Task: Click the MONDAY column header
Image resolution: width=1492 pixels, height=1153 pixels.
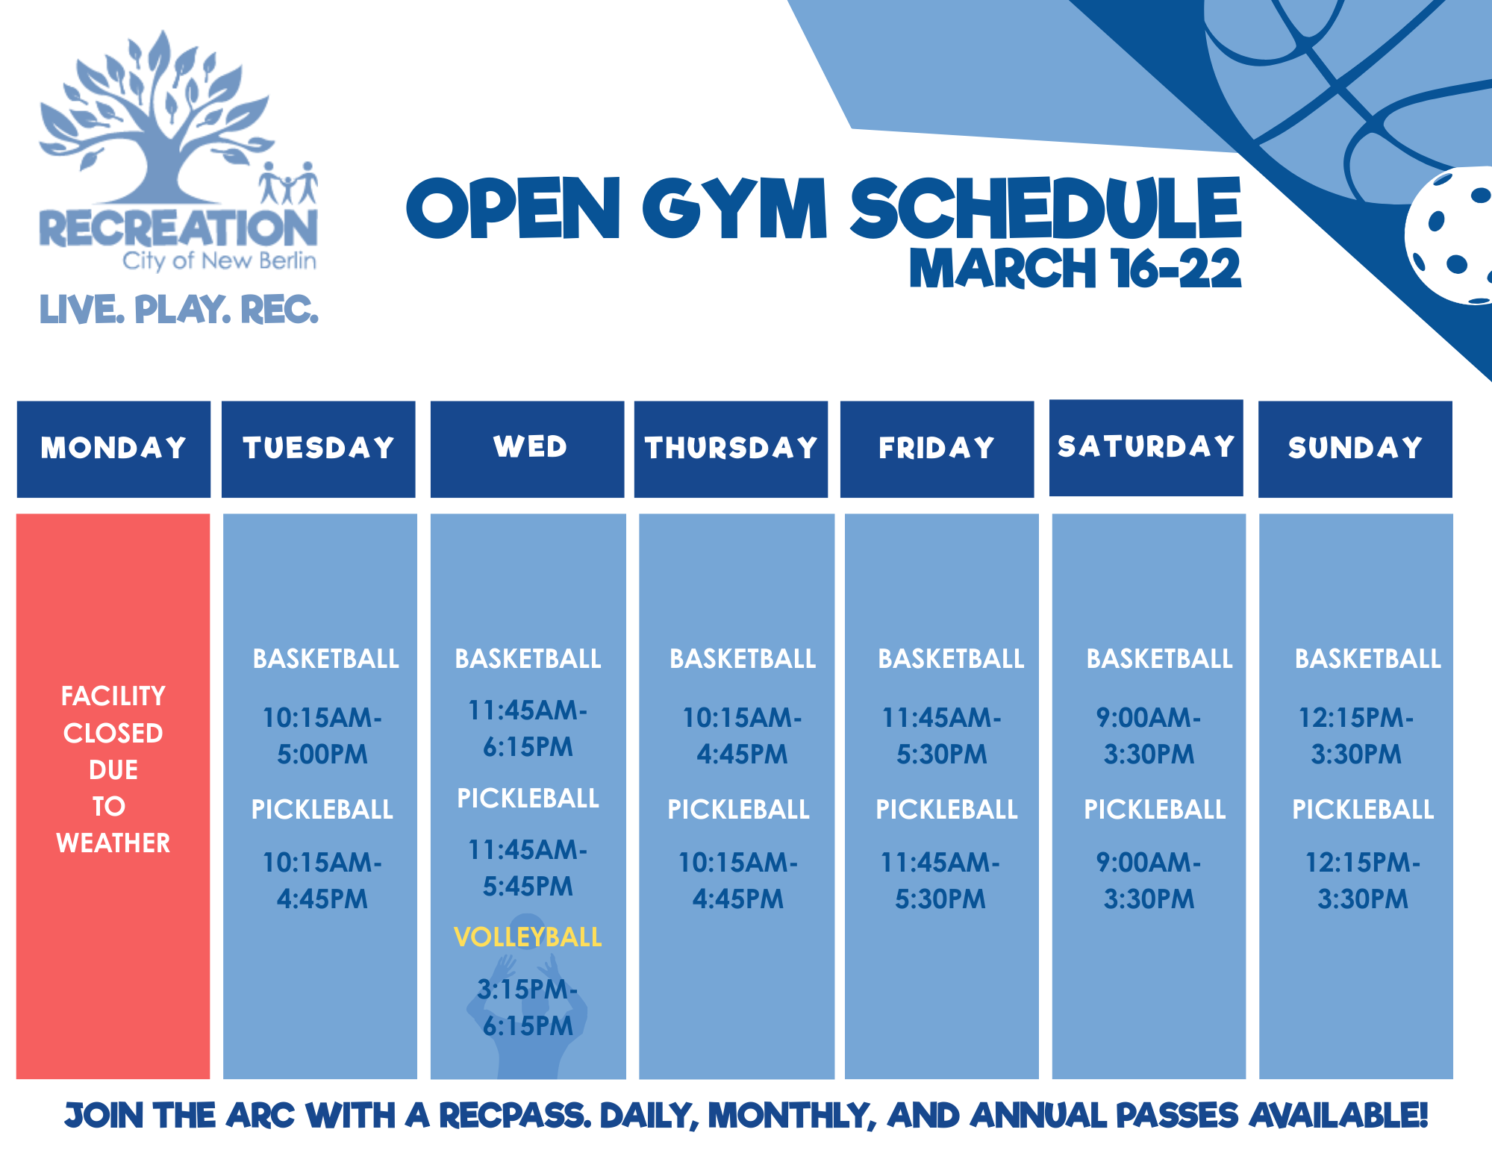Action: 113,449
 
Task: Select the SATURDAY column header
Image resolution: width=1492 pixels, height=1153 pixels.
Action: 1146,447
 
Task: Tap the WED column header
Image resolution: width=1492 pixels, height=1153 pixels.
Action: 528,448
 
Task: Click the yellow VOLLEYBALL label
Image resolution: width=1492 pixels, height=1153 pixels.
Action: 528,937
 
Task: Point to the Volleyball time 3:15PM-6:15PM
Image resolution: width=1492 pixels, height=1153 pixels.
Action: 528,1007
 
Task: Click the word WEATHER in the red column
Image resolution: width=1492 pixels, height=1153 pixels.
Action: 113,843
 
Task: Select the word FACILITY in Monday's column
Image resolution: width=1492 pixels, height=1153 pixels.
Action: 113,696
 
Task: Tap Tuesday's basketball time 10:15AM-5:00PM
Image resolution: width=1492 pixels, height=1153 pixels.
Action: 322,736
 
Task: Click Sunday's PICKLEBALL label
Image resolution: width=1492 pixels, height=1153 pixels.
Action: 1362,810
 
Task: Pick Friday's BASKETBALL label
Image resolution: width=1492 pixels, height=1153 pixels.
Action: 950,659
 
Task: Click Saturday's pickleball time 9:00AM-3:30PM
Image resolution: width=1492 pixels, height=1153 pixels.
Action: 1149,881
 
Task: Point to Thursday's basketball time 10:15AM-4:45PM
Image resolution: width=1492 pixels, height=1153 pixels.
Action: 742,736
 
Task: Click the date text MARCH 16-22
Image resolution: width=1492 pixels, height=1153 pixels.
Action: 1074,269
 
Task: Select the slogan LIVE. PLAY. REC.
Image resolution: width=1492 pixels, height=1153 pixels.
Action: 178,310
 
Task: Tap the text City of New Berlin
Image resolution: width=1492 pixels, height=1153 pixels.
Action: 219,260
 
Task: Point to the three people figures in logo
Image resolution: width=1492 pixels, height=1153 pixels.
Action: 288,184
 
